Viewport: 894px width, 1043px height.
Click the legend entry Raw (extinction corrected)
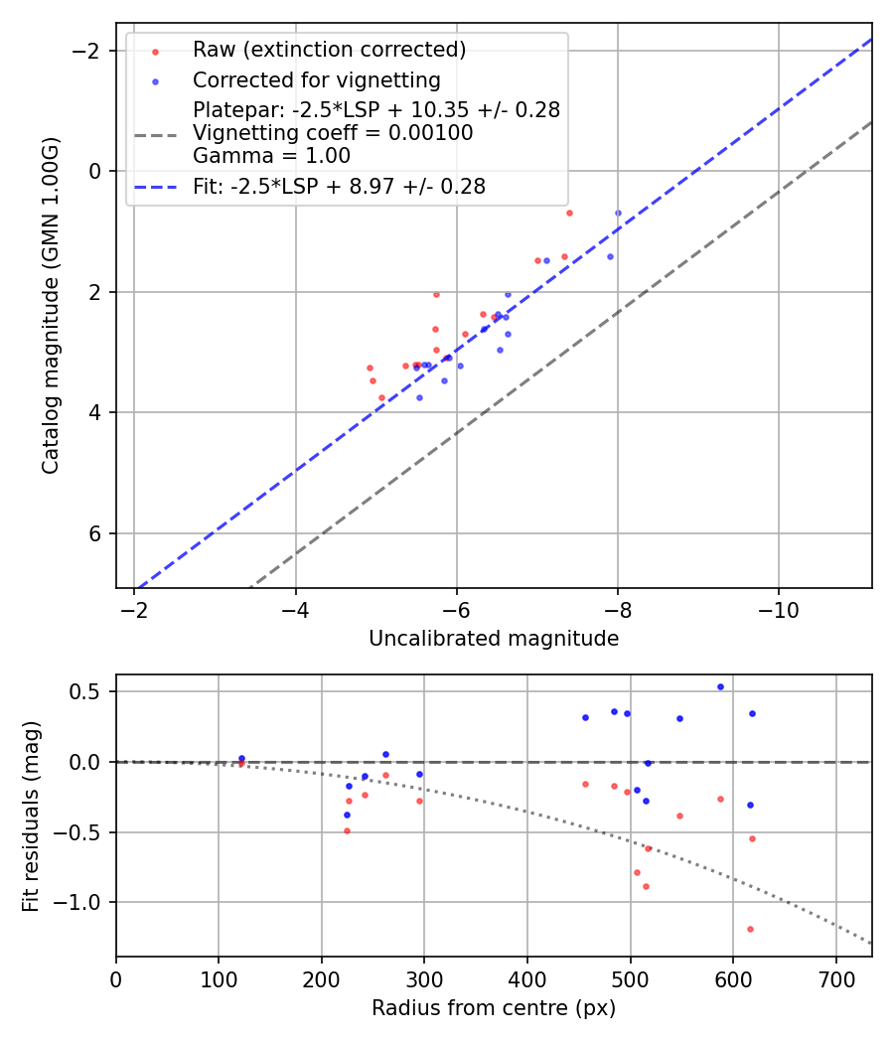click(x=329, y=50)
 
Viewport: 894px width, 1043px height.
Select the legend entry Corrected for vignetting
click(x=316, y=79)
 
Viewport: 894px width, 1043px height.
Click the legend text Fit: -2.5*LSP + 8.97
click(x=339, y=186)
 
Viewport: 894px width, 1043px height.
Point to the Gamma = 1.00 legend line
click(x=271, y=155)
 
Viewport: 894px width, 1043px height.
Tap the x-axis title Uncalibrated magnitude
click(x=494, y=639)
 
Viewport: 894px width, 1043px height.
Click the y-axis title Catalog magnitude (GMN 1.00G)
click(x=51, y=305)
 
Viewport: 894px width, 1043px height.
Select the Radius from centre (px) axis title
click(x=494, y=1008)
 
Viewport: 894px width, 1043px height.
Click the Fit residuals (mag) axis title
click(x=31, y=816)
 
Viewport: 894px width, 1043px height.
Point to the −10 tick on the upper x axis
click(x=778, y=608)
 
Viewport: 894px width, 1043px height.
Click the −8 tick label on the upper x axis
click(x=617, y=608)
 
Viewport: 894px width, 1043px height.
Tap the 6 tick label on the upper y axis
click(x=94, y=533)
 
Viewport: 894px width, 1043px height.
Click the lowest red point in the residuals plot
click(x=750, y=929)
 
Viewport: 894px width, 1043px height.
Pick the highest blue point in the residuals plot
click(x=720, y=686)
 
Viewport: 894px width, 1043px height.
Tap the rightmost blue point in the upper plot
click(x=618, y=213)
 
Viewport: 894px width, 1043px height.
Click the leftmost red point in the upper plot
click(x=370, y=368)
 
